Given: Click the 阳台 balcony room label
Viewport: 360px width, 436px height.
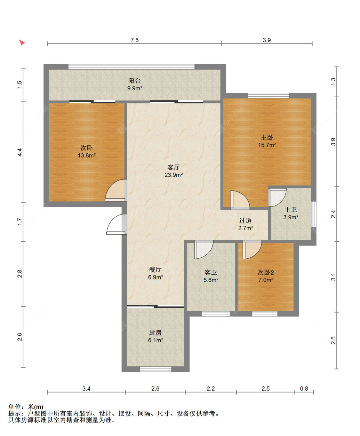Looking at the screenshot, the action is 134,81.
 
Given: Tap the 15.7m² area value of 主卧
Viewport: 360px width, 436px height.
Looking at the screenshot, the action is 267,145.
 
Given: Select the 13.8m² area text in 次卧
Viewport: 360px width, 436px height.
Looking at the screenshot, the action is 87,155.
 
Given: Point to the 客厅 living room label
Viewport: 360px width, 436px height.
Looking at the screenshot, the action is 173,167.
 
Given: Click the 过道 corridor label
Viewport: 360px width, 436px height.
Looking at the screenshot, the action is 245,221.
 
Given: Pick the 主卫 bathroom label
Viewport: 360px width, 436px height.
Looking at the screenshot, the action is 291,210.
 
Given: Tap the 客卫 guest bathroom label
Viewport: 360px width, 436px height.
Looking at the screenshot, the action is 211,272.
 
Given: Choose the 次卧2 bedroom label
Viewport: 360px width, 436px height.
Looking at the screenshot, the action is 266,272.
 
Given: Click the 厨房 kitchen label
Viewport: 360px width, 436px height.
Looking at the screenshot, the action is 155,332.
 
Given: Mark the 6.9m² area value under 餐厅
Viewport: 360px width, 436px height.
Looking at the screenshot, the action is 156,277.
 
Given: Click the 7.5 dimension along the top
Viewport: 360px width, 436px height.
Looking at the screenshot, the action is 134,40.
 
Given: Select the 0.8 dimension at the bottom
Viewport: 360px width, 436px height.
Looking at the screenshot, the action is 304,389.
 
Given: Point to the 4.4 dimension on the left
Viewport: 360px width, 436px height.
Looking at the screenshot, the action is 20,152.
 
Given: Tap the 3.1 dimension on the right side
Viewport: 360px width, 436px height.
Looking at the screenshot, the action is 333,277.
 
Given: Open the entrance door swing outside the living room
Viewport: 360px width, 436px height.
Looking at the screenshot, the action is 116,224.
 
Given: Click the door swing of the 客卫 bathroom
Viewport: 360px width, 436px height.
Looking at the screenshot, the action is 204,249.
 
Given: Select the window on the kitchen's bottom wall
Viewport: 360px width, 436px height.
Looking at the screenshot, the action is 156,369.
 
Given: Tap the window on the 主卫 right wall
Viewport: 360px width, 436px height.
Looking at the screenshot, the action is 314,214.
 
